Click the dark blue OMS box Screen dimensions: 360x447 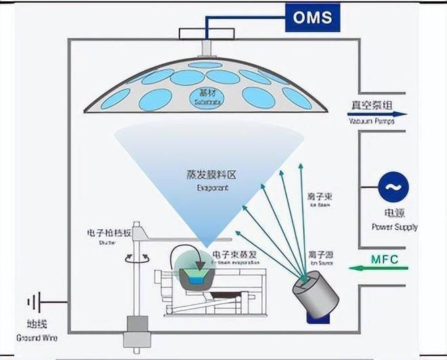coord(313,16)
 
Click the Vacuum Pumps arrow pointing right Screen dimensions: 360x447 coord(379,115)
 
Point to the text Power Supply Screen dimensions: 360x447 coord(395,226)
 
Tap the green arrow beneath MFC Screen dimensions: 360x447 coord(379,269)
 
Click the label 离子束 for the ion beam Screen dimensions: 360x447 coord(319,196)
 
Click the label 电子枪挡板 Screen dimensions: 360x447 coord(106,233)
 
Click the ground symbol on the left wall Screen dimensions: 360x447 coord(33,302)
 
